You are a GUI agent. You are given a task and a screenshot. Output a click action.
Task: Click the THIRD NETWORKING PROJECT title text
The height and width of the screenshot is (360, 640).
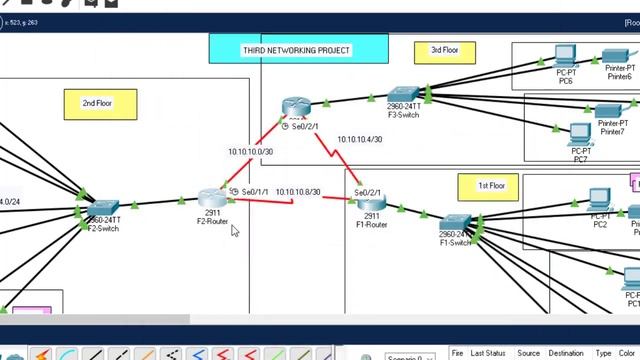pos(296,50)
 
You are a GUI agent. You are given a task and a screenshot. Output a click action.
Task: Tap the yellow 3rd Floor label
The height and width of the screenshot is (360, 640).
pos(443,50)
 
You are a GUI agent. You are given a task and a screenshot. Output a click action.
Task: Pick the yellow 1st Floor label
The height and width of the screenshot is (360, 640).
pos(490,186)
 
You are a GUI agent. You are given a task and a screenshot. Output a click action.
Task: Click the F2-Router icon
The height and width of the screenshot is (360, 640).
pos(210,199)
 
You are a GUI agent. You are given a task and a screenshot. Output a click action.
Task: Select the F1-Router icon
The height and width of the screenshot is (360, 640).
pos(371,204)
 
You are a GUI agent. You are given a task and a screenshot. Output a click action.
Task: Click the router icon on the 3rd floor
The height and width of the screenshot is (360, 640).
pos(296,107)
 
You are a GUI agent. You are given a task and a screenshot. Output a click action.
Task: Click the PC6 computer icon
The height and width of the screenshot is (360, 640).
pos(566,56)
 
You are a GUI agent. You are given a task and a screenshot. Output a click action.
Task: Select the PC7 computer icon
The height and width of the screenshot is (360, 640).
pos(580,134)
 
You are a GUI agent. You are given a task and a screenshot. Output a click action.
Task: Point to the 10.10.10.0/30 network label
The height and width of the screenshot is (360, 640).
pos(249,152)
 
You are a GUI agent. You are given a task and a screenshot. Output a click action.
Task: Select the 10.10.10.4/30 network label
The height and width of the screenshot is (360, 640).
pos(359,140)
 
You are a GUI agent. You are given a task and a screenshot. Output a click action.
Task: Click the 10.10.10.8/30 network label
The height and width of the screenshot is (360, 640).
pos(297,191)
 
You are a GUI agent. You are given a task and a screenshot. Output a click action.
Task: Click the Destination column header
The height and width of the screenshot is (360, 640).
pos(566,353)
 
